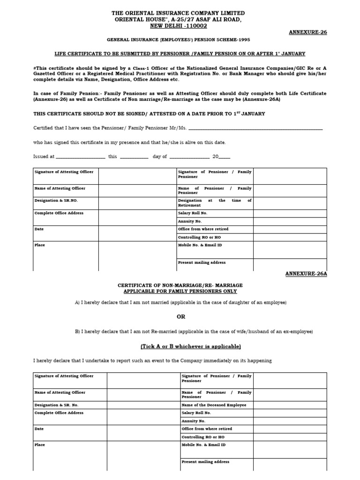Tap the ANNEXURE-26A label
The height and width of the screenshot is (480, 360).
pyautogui.click(x=306, y=274)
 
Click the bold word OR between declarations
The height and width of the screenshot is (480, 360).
pyautogui.click(x=181, y=317)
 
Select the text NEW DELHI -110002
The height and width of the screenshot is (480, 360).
pyautogui.click(x=178, y=26)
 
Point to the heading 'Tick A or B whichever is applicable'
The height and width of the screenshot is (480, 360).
pyautogui.click(x=191, y=346)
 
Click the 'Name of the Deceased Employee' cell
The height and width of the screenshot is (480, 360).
pyautogui.click(x=213, y=405)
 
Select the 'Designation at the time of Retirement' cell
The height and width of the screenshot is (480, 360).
pyautogui.click(x=214, y=202)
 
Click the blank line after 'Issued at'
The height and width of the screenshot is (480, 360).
pyautogui.click(x=80, y=157)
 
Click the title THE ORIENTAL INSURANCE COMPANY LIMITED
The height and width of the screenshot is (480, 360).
pyautogui.click(x=178, y=13)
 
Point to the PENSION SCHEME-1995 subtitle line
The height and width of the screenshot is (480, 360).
pyautogui.click(x=178, y=41)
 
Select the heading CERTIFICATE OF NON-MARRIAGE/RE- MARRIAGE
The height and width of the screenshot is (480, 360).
pyautogui.click(x=180, y=285)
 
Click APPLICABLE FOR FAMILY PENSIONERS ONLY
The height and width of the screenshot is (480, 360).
pyautogui.click(x=180, y=291)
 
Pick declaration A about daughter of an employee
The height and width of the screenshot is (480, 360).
pyautogui.click(x=180, y=302)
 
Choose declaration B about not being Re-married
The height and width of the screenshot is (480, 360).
pyautogui.click(x=194, y=331)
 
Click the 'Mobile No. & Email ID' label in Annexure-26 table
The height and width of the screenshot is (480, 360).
pyautogui.click(x=200, y=245)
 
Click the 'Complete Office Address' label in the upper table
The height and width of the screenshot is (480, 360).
pyautogui.click(x=59, y=213)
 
